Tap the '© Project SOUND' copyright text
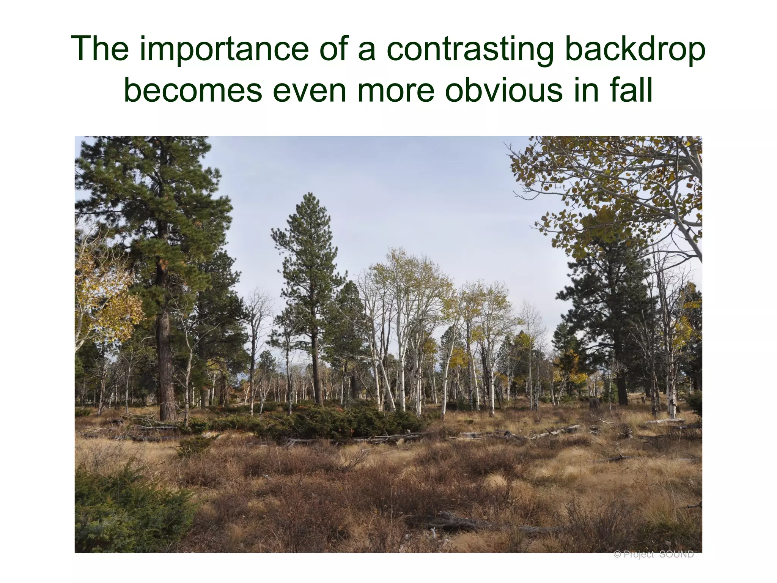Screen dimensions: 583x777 653,555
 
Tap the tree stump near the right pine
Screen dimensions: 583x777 594,403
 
